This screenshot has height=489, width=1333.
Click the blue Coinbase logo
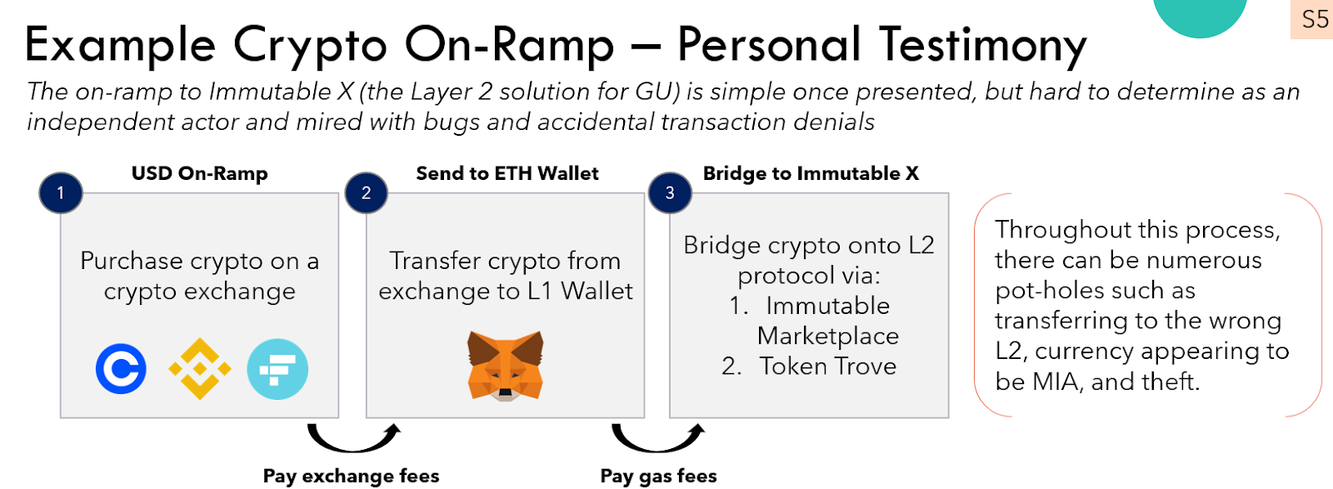click(121, 369)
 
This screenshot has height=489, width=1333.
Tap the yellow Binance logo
click(200, 368)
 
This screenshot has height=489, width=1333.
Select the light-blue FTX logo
click(277, 369)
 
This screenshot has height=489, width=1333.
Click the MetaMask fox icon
click(505, 366)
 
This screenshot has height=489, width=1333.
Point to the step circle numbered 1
click(60, 192)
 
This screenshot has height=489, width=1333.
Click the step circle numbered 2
click(366, 192)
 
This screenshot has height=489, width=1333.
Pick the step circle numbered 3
click(670, 192)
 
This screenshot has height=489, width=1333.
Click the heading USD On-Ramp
click(200, 173)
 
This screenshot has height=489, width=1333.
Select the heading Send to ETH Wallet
click(507, 173)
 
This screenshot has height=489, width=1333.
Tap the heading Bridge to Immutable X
click(811, 173)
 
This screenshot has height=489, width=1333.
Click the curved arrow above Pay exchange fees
click(353, 437)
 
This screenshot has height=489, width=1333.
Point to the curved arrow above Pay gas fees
click(658, 437)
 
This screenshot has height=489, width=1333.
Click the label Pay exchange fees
click(351, 476)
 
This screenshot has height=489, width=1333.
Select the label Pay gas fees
click(658, 476)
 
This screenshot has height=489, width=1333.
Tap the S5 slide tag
click(1315, 19)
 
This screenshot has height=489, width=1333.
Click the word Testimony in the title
click(983, 45)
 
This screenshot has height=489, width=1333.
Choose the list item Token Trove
click(827, 366)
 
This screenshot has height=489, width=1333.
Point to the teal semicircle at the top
click(1200, 15)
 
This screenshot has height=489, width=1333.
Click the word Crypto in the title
click(309, 45)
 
